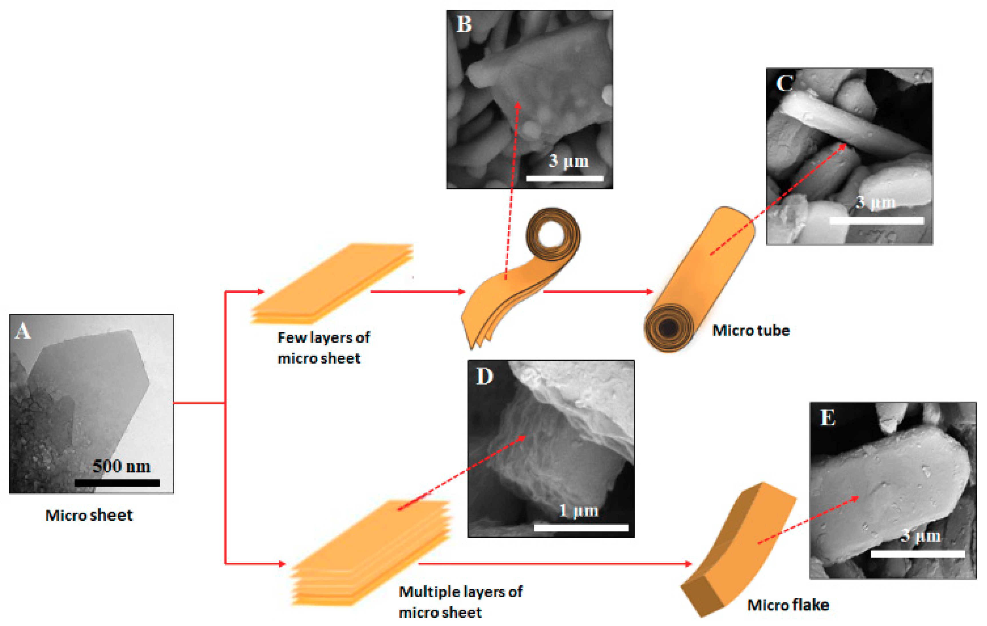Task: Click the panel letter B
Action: tap(464, 24)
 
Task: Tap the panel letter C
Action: tap(784, 83)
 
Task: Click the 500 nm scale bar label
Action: tap(121, 466)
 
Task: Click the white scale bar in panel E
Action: tap(917, 554)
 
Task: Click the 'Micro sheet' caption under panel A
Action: tap(89, 515)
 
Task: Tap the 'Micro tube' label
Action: tap(751, 330)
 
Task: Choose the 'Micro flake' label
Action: tap(788, 605)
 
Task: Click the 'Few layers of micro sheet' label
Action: tap(323, 348)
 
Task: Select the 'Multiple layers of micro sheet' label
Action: tap(460, 602)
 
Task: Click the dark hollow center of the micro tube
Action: tap(668, 327)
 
